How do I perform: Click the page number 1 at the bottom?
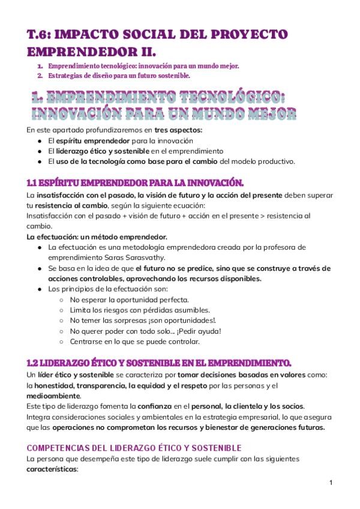coord(331,482)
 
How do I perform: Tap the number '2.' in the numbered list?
coord(40,76)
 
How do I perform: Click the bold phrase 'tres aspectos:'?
coord(178,129)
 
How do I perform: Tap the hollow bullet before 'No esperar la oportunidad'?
coord(64,299)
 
